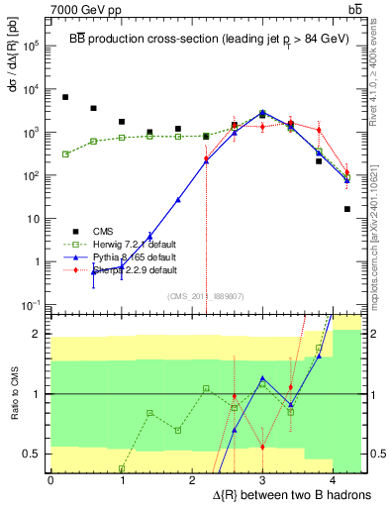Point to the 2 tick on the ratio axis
pyautogui.click(x=38, y=334)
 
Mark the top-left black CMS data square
pyautogui.click(x=65, y=97)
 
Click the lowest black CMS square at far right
pyautogui.click(x=347, y=209)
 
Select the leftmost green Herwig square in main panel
pyautogui.click(x=65, y=154)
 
